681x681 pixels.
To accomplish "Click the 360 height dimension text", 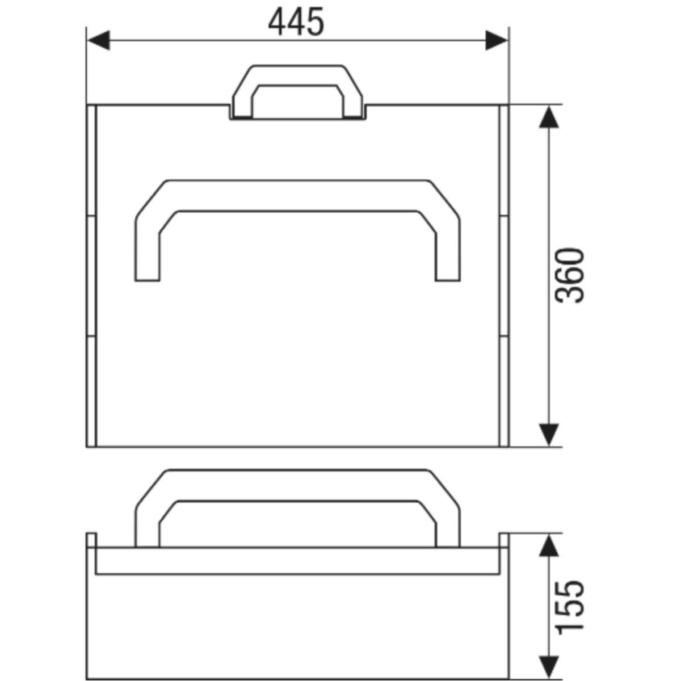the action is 569,275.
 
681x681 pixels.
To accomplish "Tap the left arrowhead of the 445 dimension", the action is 99,40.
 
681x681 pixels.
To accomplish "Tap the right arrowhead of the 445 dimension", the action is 497,40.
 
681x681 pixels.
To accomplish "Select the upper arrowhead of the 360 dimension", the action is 548,117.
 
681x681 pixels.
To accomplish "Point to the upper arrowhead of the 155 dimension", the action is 548,545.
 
